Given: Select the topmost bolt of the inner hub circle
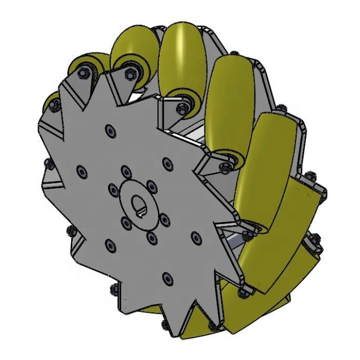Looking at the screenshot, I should (x=125, y=170).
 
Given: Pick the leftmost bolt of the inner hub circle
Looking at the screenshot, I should (x=112, y=187).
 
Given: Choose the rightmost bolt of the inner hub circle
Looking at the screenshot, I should (x=164, y=217).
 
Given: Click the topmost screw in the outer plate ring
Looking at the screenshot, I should (x=109, y=129).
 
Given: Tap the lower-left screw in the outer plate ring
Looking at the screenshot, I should (x=110, y=243).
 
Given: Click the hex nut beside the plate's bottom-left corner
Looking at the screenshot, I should (x=113, y=289).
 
